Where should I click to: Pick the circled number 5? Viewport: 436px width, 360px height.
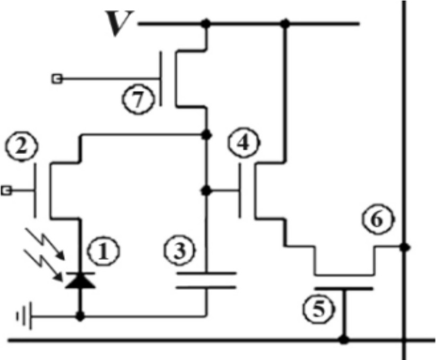click(317, 307)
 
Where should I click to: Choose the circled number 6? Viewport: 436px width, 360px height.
click(378, 218)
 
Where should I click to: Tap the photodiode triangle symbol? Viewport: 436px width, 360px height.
click(81, 280)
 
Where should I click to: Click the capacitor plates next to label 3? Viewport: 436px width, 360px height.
click(206, 280)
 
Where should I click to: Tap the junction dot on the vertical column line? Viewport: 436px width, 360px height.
click(405, 247)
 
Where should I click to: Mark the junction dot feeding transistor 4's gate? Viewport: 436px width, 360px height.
click(206, 190)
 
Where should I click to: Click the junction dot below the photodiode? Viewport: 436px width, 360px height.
click(81, 317)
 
